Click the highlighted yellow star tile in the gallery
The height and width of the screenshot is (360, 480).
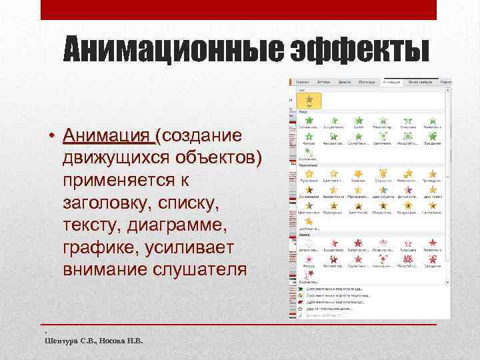click(x=309, y=100)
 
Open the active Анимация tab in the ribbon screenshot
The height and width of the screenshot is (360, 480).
click(x=391, y=82)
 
